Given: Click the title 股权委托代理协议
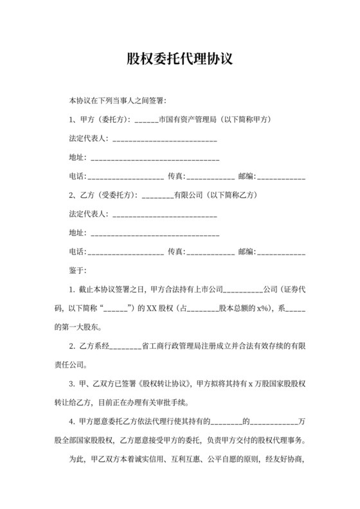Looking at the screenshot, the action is [x=179, y=60].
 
